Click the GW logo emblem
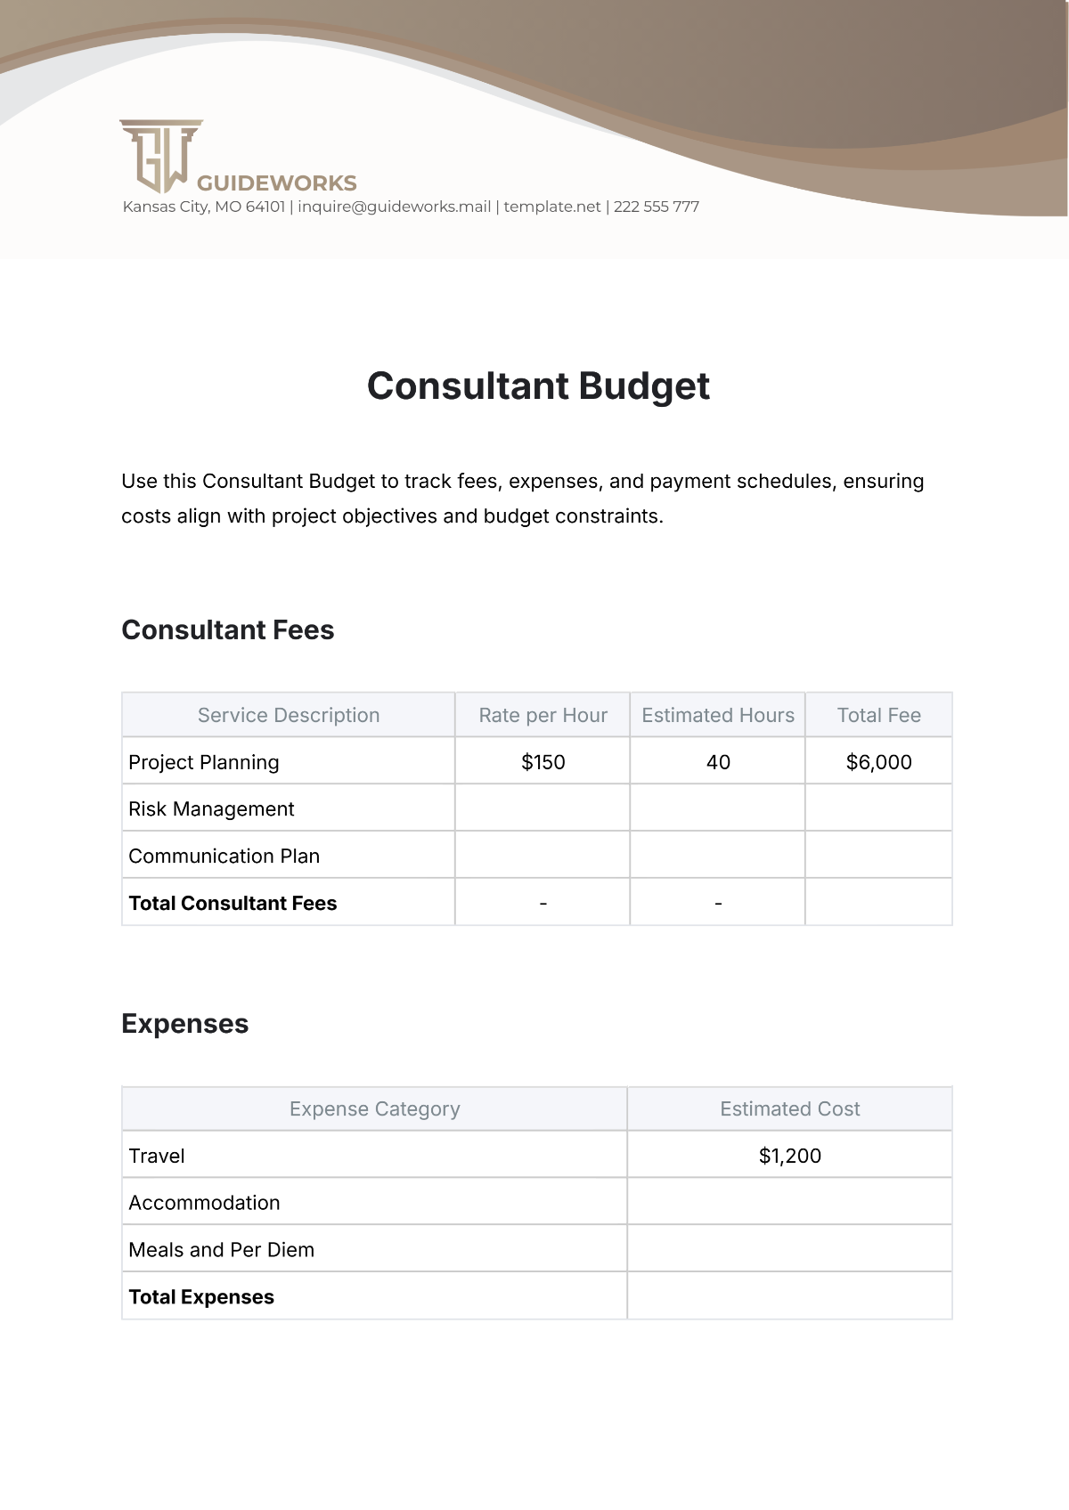click(161, 155)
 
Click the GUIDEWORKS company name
click(276, 183)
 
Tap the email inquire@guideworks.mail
click(395, 207)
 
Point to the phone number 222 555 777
click(657, 207)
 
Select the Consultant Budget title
click(538, 386)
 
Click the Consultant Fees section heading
click(228, 630)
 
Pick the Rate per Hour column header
click(543, 716)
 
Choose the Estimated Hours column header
click(718, 716)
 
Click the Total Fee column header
click(878, 716)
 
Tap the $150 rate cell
click(543, 762)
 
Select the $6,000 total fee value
click(878, 762)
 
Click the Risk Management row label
click(211, 809)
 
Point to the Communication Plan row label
click(224, 856)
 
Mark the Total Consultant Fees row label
click(233, 904)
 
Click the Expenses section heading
click(185, 1024)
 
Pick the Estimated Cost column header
click(789, 1109)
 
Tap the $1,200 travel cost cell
click(789, 1157)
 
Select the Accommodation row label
click(204, 1204)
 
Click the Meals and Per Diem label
click(221, 1250)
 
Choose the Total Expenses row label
click(201, 1297)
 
